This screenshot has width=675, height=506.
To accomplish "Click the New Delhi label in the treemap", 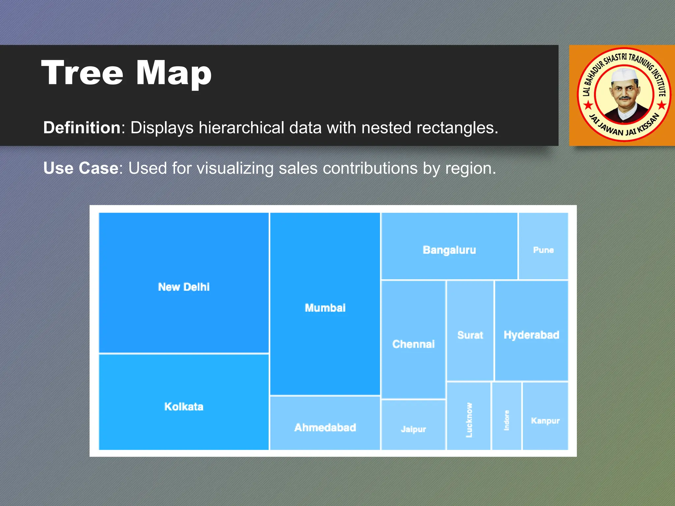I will coord(184,287).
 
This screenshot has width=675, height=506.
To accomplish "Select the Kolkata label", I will coord(184,407).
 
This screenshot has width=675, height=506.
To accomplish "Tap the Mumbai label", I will coord(325,308).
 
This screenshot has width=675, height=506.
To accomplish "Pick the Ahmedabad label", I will coord(325,428).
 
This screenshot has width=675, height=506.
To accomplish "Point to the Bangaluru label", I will coord(449,250).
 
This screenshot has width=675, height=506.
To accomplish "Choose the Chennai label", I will coord(413,344).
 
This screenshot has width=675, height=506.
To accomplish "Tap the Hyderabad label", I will coord(531,335).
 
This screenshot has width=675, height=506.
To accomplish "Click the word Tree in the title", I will coord(82,73).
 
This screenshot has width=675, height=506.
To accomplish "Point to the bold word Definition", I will coord(82,127).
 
